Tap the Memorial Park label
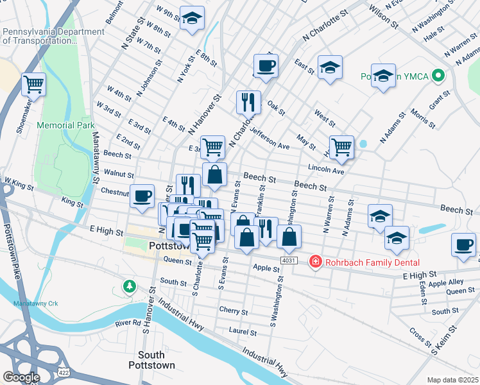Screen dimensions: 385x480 coord(65,125)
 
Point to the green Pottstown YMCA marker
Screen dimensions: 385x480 coord(438,76)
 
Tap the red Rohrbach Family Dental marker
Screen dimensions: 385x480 coord(315,262)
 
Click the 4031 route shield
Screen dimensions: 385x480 coord(288,260)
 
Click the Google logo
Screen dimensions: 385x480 coord(21,377)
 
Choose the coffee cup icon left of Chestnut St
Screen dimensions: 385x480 coord(142,195)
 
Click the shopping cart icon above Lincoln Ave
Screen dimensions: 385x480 coord(341,146)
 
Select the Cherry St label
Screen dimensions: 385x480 coord(233,312)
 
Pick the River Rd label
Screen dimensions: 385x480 coord(128,323)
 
